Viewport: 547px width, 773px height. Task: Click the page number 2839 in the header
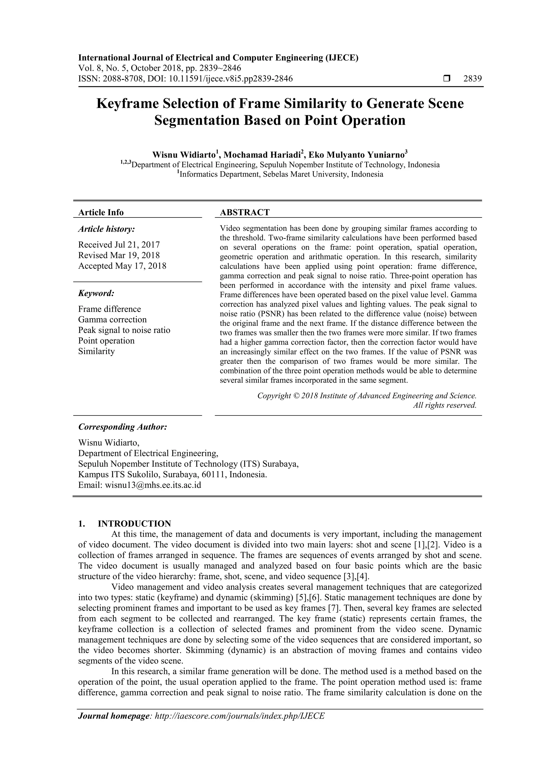click(472, 79)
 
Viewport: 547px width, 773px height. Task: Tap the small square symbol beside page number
click(447, 79)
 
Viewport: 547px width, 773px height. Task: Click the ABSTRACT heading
click(245, 212)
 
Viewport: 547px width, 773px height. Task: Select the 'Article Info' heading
click(101, 212)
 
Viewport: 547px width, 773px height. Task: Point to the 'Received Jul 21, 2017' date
click(119, 244)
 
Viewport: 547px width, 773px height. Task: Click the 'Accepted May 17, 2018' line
click(122, 266)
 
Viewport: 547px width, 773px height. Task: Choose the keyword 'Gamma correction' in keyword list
click(112, 319)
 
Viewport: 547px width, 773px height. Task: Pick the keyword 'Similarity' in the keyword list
click(96, 351)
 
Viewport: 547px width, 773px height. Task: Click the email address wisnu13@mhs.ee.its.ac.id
click(153, 485)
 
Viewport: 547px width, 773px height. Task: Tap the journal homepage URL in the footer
click(239, 725)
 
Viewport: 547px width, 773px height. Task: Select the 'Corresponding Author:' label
click(123, 427)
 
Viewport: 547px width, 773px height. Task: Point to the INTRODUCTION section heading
click(134, 524)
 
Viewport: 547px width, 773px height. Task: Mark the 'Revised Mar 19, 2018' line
click(119, 255)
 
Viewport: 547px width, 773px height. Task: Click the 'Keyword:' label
click(96, 293)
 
